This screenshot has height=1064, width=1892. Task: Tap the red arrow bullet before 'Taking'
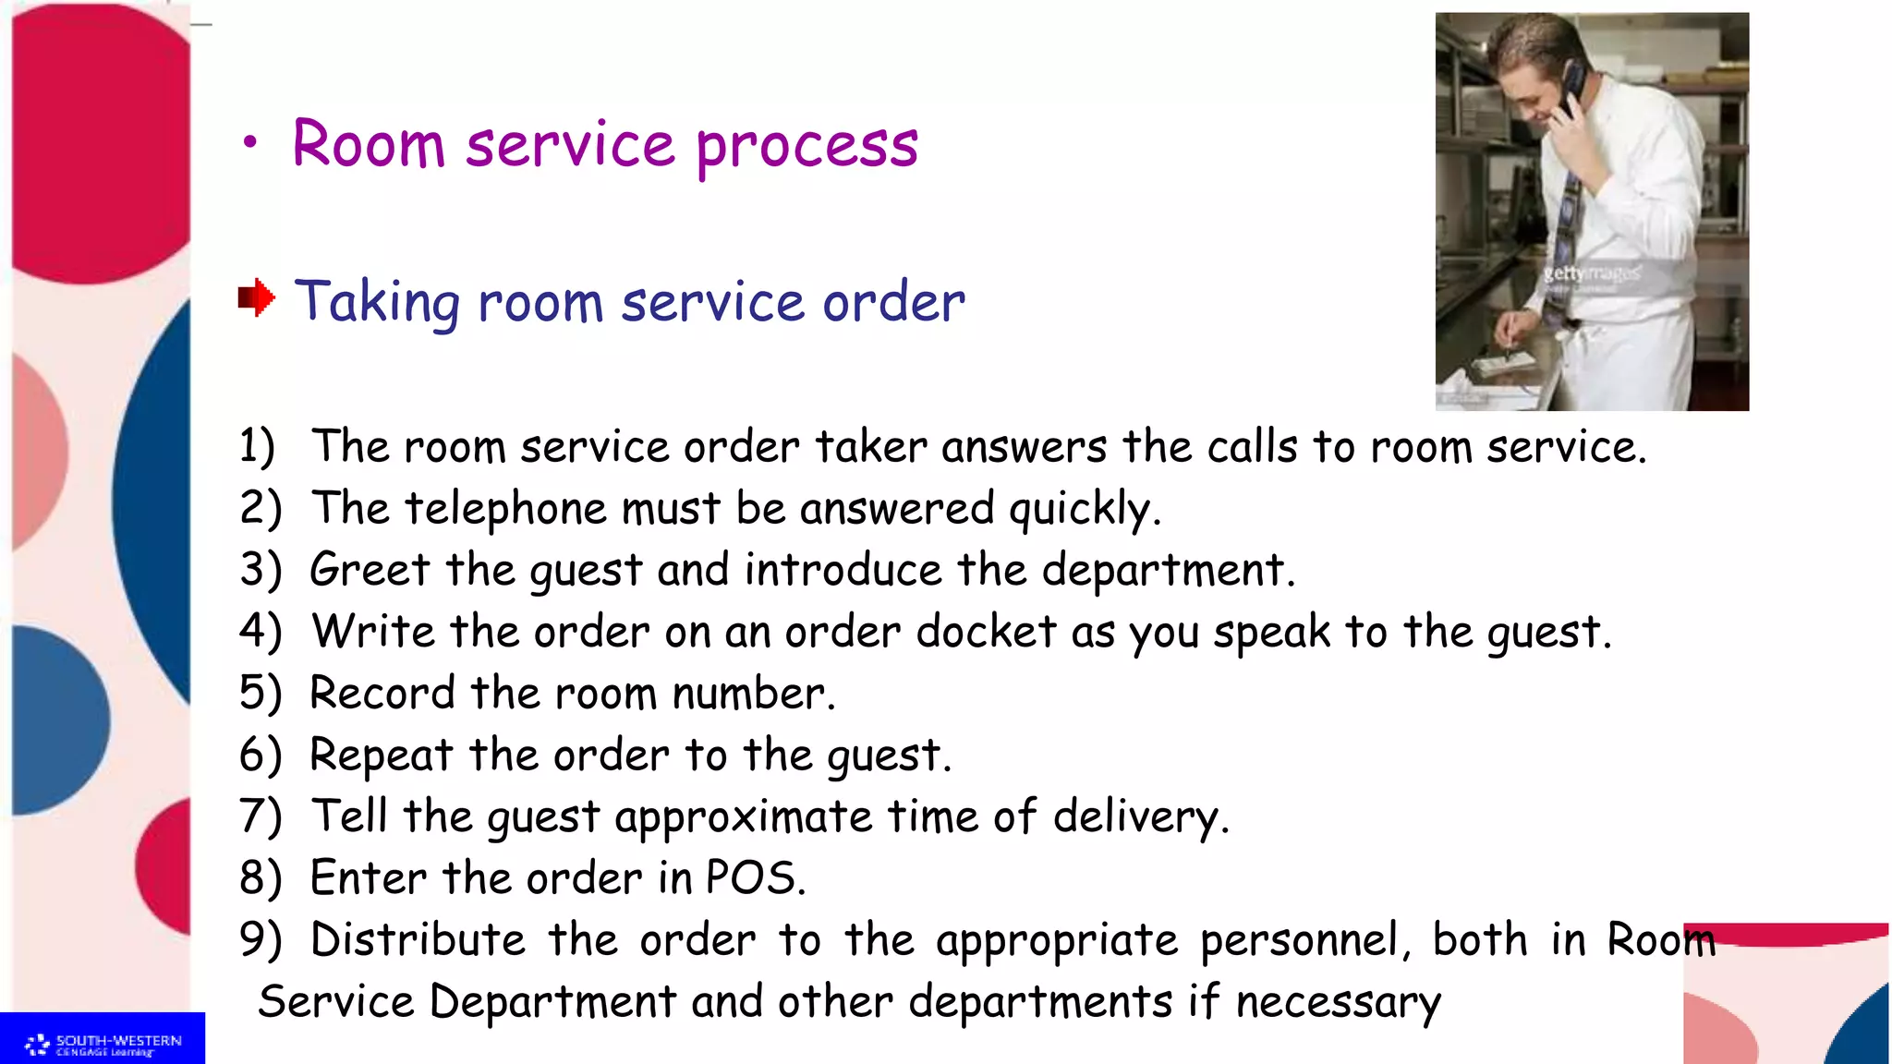click(256, 297)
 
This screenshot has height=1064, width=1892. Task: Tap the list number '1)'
click(257, 446)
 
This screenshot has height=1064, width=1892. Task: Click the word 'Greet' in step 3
click(370, 570)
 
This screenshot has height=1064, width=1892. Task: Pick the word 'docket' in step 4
click(986, 632)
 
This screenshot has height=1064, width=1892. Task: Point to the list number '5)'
click(260, 693)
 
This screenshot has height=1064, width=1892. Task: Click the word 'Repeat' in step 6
click(381, 756)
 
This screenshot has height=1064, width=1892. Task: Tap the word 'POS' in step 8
click(749, 877)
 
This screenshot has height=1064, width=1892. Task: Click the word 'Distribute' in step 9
click(418, 940)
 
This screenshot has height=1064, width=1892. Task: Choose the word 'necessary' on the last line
click(1338, 1002)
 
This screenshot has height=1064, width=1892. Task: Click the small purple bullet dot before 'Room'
click(249, 143)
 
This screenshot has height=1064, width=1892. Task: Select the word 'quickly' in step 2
click(1081, 509)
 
